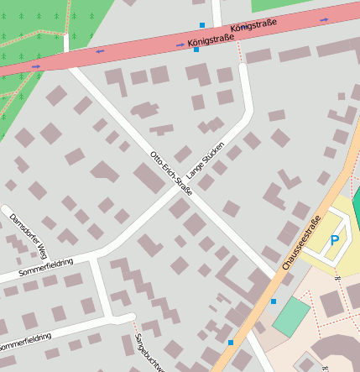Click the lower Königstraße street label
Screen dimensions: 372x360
[211, 39]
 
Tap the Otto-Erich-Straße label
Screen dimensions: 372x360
[171, 174]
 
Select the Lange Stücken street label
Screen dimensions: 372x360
[206, 157]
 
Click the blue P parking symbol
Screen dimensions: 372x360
[335, 240]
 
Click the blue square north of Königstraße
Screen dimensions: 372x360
[201, 25]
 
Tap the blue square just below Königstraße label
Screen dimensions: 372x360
[196, 50]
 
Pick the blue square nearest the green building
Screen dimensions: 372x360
[273, 301]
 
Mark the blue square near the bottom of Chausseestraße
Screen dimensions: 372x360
[231, 343]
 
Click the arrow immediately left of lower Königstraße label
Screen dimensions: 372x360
[180, 44]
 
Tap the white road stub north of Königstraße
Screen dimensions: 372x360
[217, 13]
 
